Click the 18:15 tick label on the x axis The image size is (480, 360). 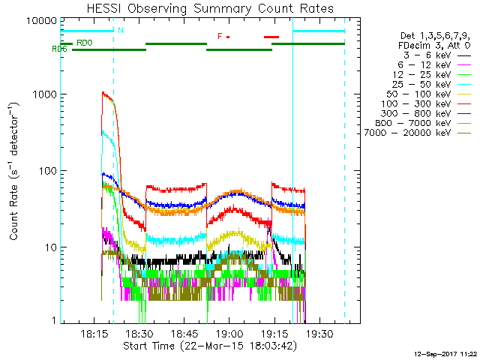[x=93, y=334]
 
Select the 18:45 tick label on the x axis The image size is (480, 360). [x=184, y=334]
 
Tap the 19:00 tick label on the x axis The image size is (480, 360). [x=229, y=334]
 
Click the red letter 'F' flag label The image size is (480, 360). [x=220, y=36]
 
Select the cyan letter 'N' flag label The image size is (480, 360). [x=119, y=31]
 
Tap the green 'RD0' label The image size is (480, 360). [x=85, y=43]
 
